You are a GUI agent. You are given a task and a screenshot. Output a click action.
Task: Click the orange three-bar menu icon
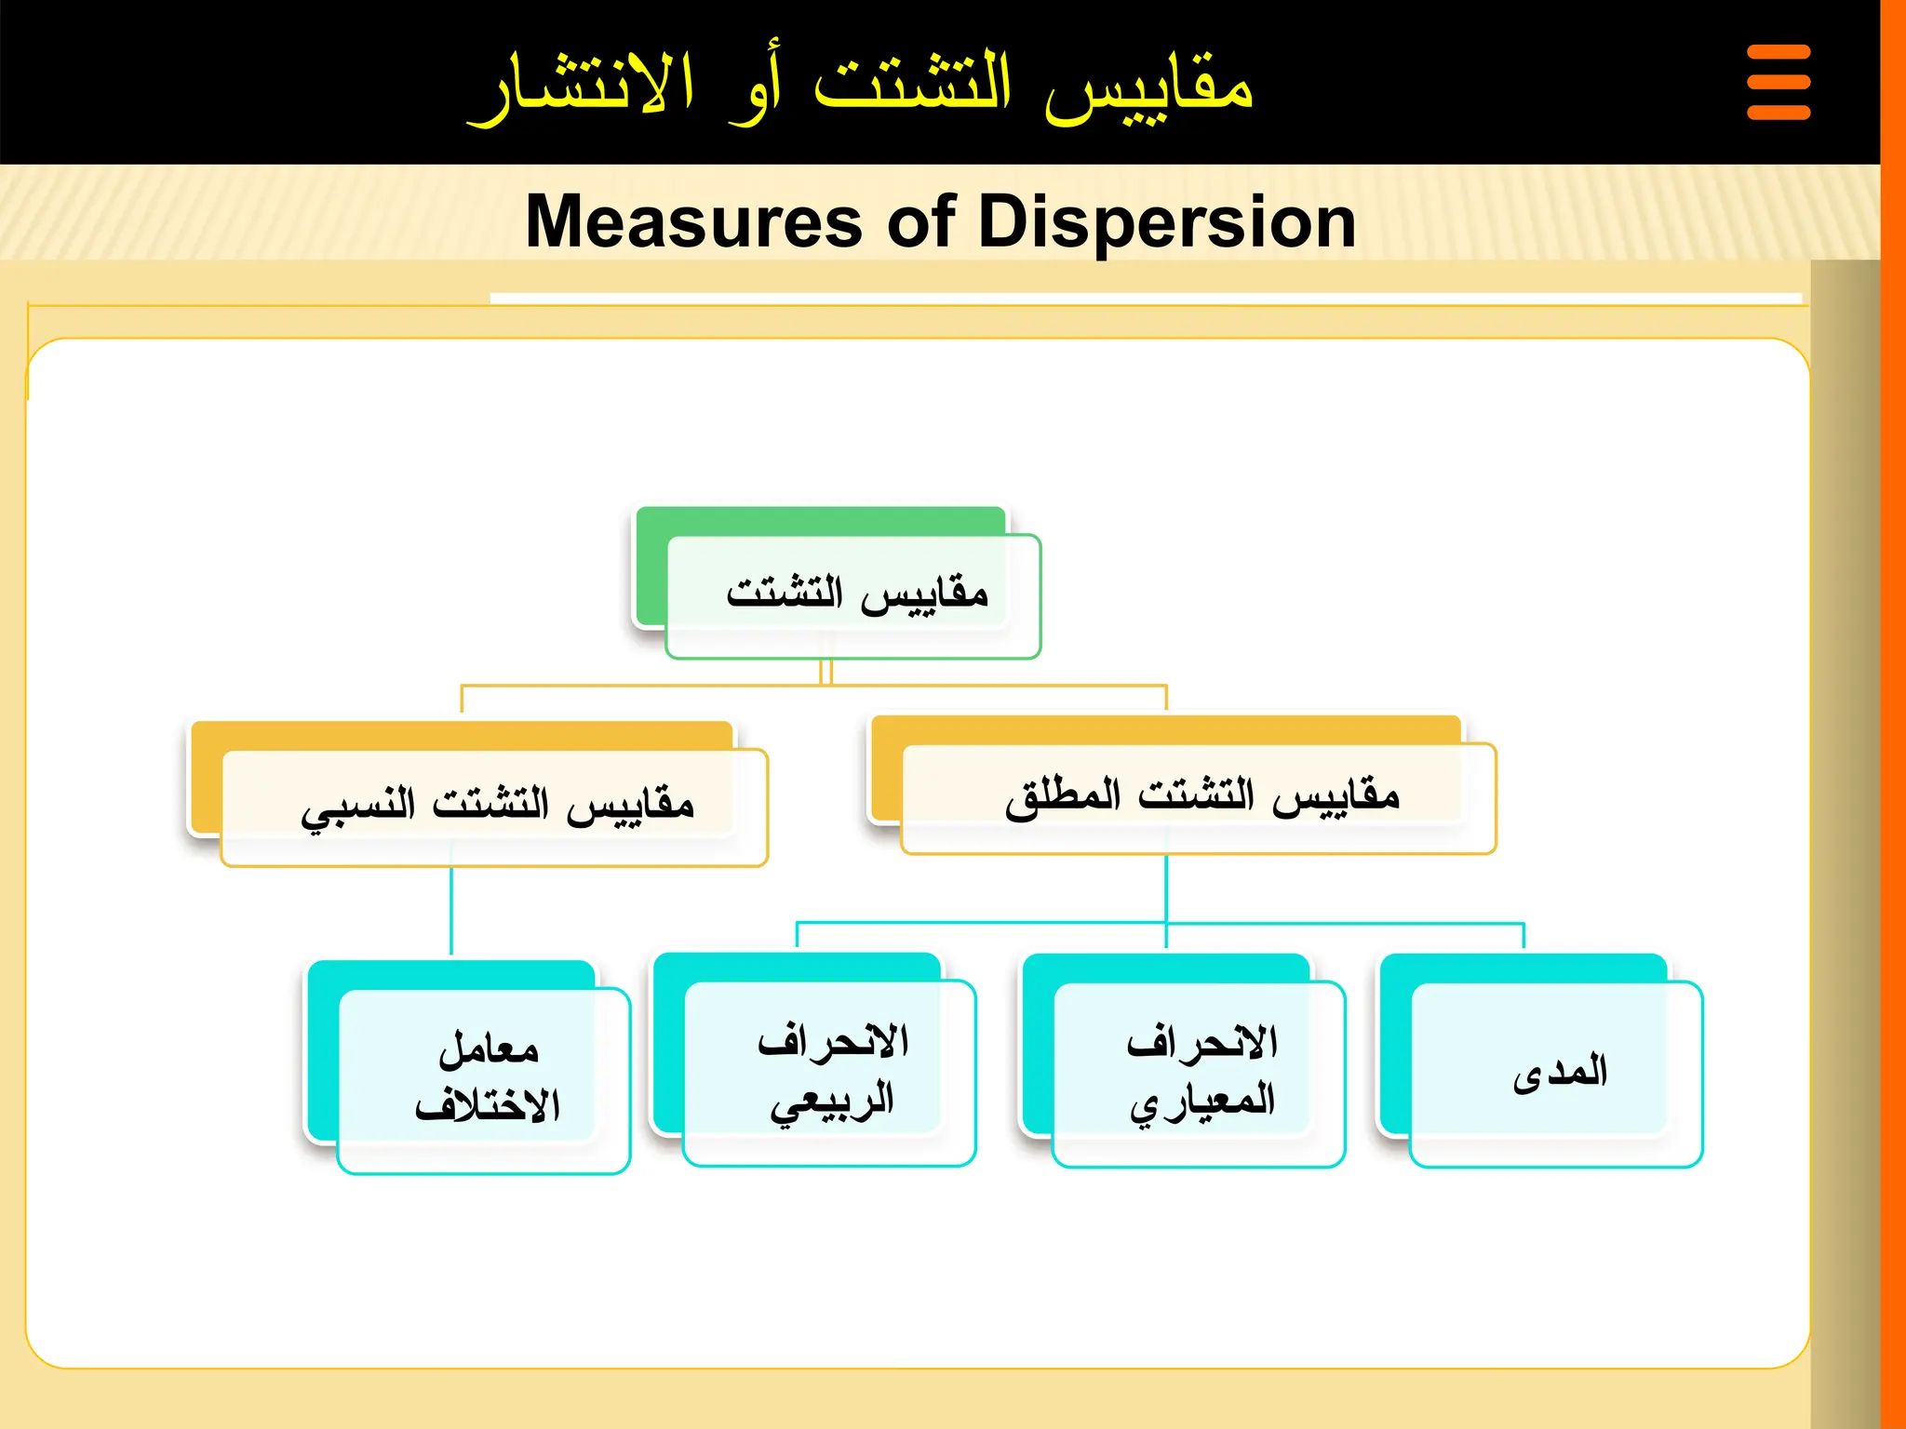[1778, 82]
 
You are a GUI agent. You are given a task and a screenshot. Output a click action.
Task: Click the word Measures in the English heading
[693, 222]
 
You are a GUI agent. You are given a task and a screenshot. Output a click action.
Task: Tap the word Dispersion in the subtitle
[1167, 222]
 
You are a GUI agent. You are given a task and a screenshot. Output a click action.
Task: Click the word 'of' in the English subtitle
[921, 222]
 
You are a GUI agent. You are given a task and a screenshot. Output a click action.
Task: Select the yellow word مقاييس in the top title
[1148, 86]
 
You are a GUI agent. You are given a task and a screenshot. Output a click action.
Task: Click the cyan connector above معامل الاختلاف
[451, 912]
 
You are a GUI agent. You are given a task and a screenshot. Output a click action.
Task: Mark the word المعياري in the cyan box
[1201, 1102]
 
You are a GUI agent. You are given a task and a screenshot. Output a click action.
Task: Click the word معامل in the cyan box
[489, 1049]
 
